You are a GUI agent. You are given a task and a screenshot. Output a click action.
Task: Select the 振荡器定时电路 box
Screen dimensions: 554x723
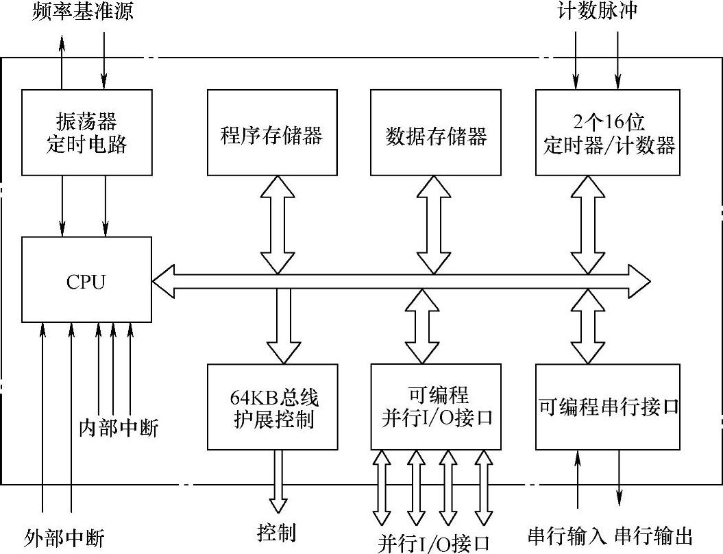[x=86, y=132]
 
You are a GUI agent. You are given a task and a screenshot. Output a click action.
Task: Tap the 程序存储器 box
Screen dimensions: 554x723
[x=272, y=132]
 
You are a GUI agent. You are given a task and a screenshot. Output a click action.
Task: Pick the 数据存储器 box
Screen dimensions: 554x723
[x=436, y=132]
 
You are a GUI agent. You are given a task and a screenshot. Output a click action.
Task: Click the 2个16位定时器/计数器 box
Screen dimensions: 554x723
[x=608, y=132]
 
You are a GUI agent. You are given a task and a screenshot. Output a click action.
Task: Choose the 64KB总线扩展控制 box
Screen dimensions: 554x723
[x=272, y=407]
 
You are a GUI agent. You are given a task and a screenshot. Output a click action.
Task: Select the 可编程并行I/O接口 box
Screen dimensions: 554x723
[x=436, y=407]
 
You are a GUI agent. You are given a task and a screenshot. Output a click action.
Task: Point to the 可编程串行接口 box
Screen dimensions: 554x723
[x=608, y=407]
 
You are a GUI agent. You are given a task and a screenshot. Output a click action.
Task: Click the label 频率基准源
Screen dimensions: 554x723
[x=82, y=12]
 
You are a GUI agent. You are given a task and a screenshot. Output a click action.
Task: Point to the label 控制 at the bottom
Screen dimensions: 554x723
[x=277, y=532]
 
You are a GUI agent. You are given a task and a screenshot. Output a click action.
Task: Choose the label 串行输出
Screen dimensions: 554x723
[x=654, y=535]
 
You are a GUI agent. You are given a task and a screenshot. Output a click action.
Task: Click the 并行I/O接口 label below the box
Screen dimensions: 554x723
[x=434, y=542]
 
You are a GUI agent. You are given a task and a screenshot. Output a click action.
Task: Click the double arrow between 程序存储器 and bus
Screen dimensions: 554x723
[x=278, y=223]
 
